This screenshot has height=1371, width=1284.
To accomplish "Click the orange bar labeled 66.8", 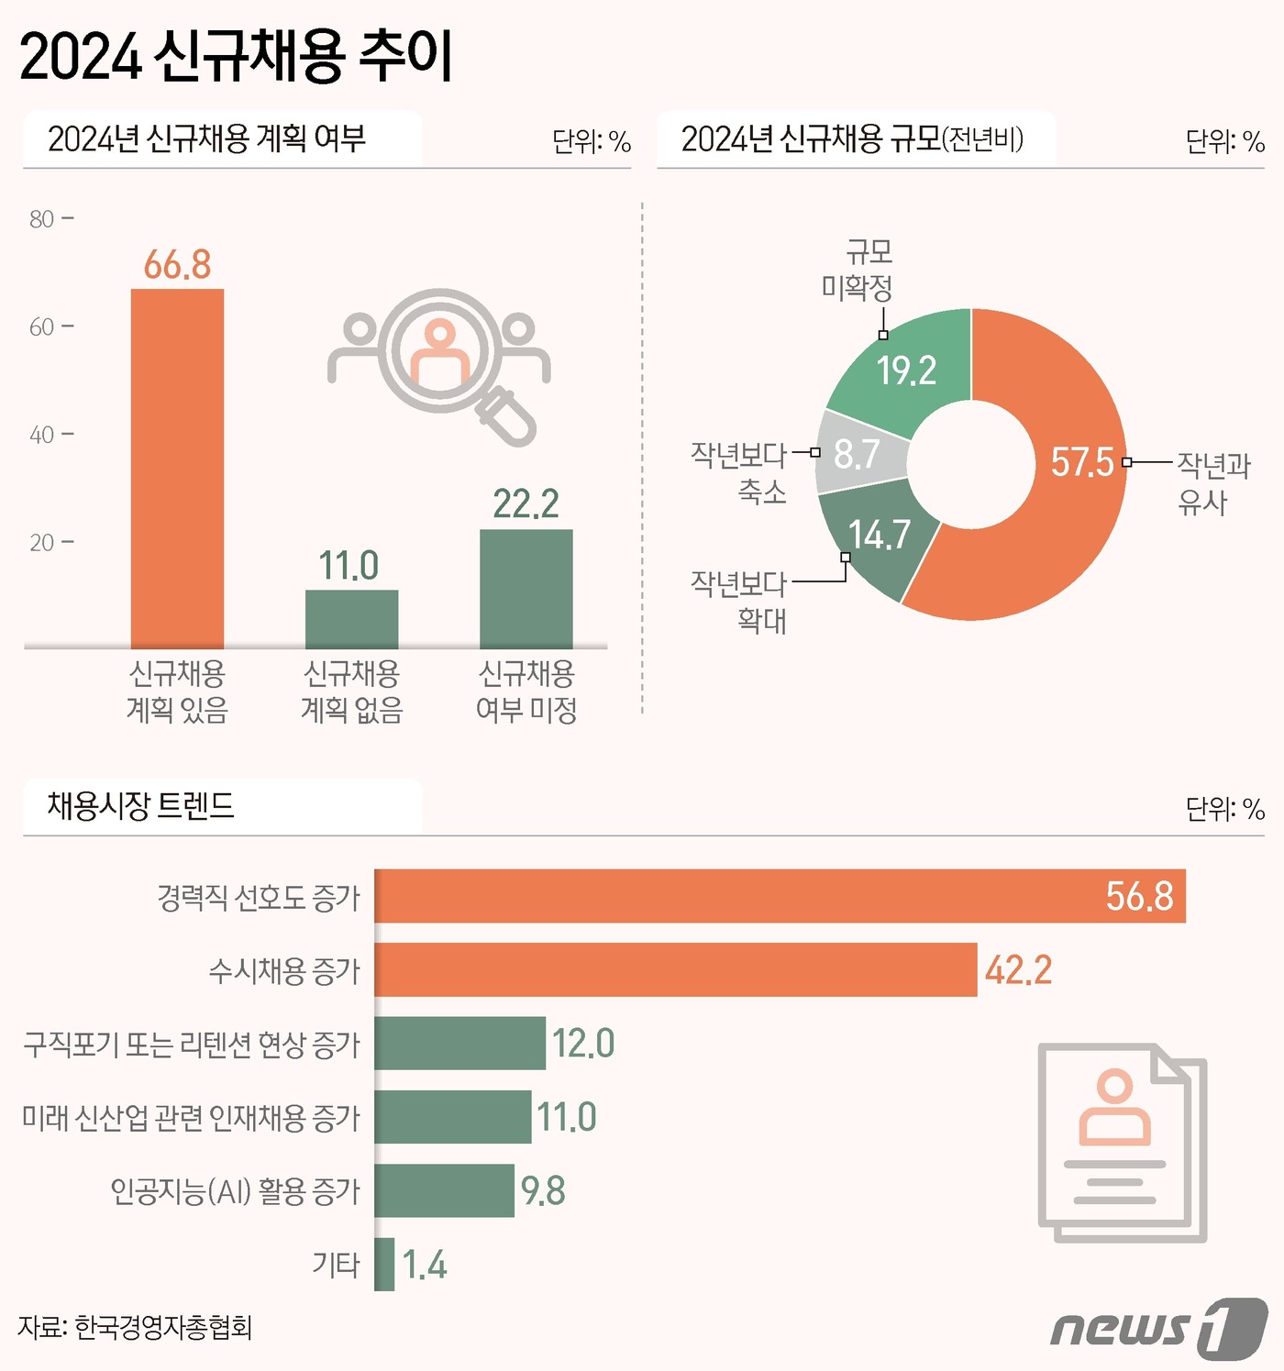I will [x=177, y=468].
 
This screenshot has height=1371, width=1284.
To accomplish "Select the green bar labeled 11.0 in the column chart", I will [x=351, y=619].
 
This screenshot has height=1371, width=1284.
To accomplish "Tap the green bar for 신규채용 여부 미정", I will [x=526, y=589].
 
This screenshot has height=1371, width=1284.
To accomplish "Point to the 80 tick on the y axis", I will [x=42, y=219].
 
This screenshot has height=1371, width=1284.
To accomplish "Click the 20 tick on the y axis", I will [x=42, y=542].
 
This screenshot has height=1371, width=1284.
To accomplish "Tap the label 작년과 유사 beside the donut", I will [x=1212, y=483].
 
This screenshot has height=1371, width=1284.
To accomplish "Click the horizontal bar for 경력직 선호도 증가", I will [x=780, y=896].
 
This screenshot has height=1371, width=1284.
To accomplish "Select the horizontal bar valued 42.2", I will [x=675, y=969].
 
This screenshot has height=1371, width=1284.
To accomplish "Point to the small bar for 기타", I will [x=384, y=1265].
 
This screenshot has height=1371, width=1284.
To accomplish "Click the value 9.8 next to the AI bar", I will [x=543, y=1191].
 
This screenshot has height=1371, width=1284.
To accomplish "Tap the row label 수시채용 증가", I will [x=284, y=970].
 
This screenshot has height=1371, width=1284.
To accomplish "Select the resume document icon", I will [x=1121, y=1142].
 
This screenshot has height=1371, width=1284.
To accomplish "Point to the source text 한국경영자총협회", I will [x=162, y=1328].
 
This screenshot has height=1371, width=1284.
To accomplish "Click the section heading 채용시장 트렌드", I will [x=141, y=806].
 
